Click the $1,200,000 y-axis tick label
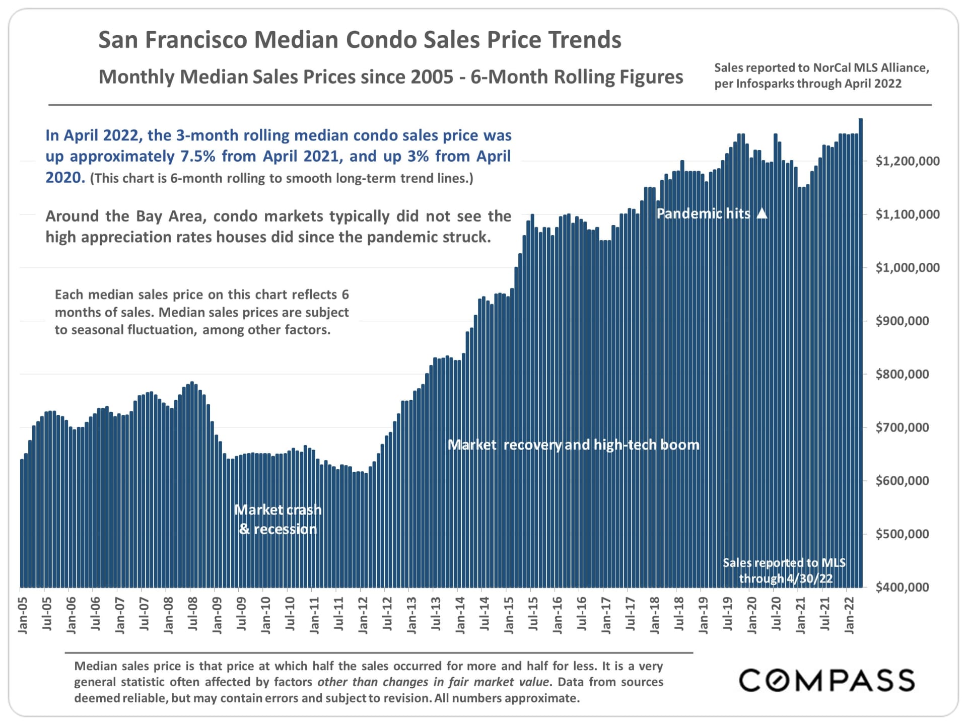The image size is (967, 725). (x=907, y=161)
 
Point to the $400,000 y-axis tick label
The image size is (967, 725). (x=902, y=587)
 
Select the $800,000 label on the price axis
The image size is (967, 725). (x=902, y=374)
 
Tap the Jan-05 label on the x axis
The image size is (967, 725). (x=23, y=615)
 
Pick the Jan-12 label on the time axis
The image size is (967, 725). (x=363, y=615)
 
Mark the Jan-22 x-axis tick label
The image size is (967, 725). (x=849, y=615)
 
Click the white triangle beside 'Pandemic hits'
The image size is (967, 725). (x=763, y=213)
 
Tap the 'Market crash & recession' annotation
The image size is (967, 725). (x=278, y=520)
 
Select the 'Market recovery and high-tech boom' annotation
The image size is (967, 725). (x=574, y=445)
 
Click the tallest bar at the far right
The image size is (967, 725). (x=861, y=352)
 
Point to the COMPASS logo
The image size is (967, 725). (x=826, y=681)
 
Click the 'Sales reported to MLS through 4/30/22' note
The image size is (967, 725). (x=785, y=570)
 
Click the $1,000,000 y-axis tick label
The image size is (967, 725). (x=907, y=267)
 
